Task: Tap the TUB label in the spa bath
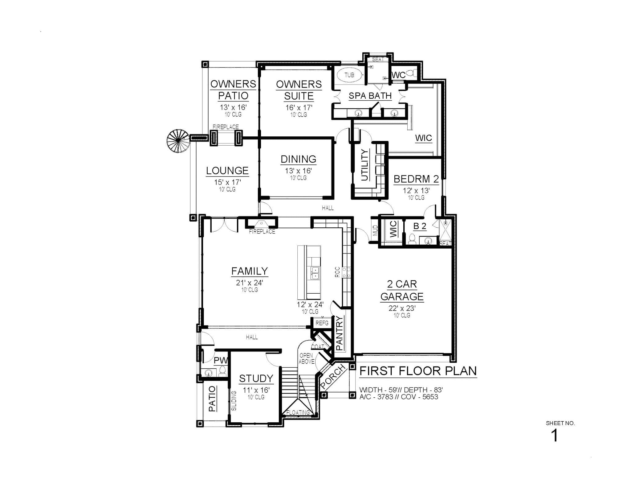(349, 75)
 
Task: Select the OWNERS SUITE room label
(299, 90)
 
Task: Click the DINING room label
(298, 159)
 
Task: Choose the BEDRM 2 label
(416, 179)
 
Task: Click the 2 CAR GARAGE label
(402, 290)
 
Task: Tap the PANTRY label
(339, 333)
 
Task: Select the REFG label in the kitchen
(322, 323)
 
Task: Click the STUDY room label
(256, 378)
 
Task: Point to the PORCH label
(333, 377)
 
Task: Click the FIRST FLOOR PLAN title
(418, 371)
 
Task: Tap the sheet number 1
(554, 436)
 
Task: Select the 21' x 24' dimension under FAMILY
(249, 283)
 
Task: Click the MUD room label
(375, 230)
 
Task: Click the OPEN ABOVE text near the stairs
(306, 358)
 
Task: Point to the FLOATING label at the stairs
(298, 412)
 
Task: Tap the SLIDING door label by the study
(234, 401)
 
